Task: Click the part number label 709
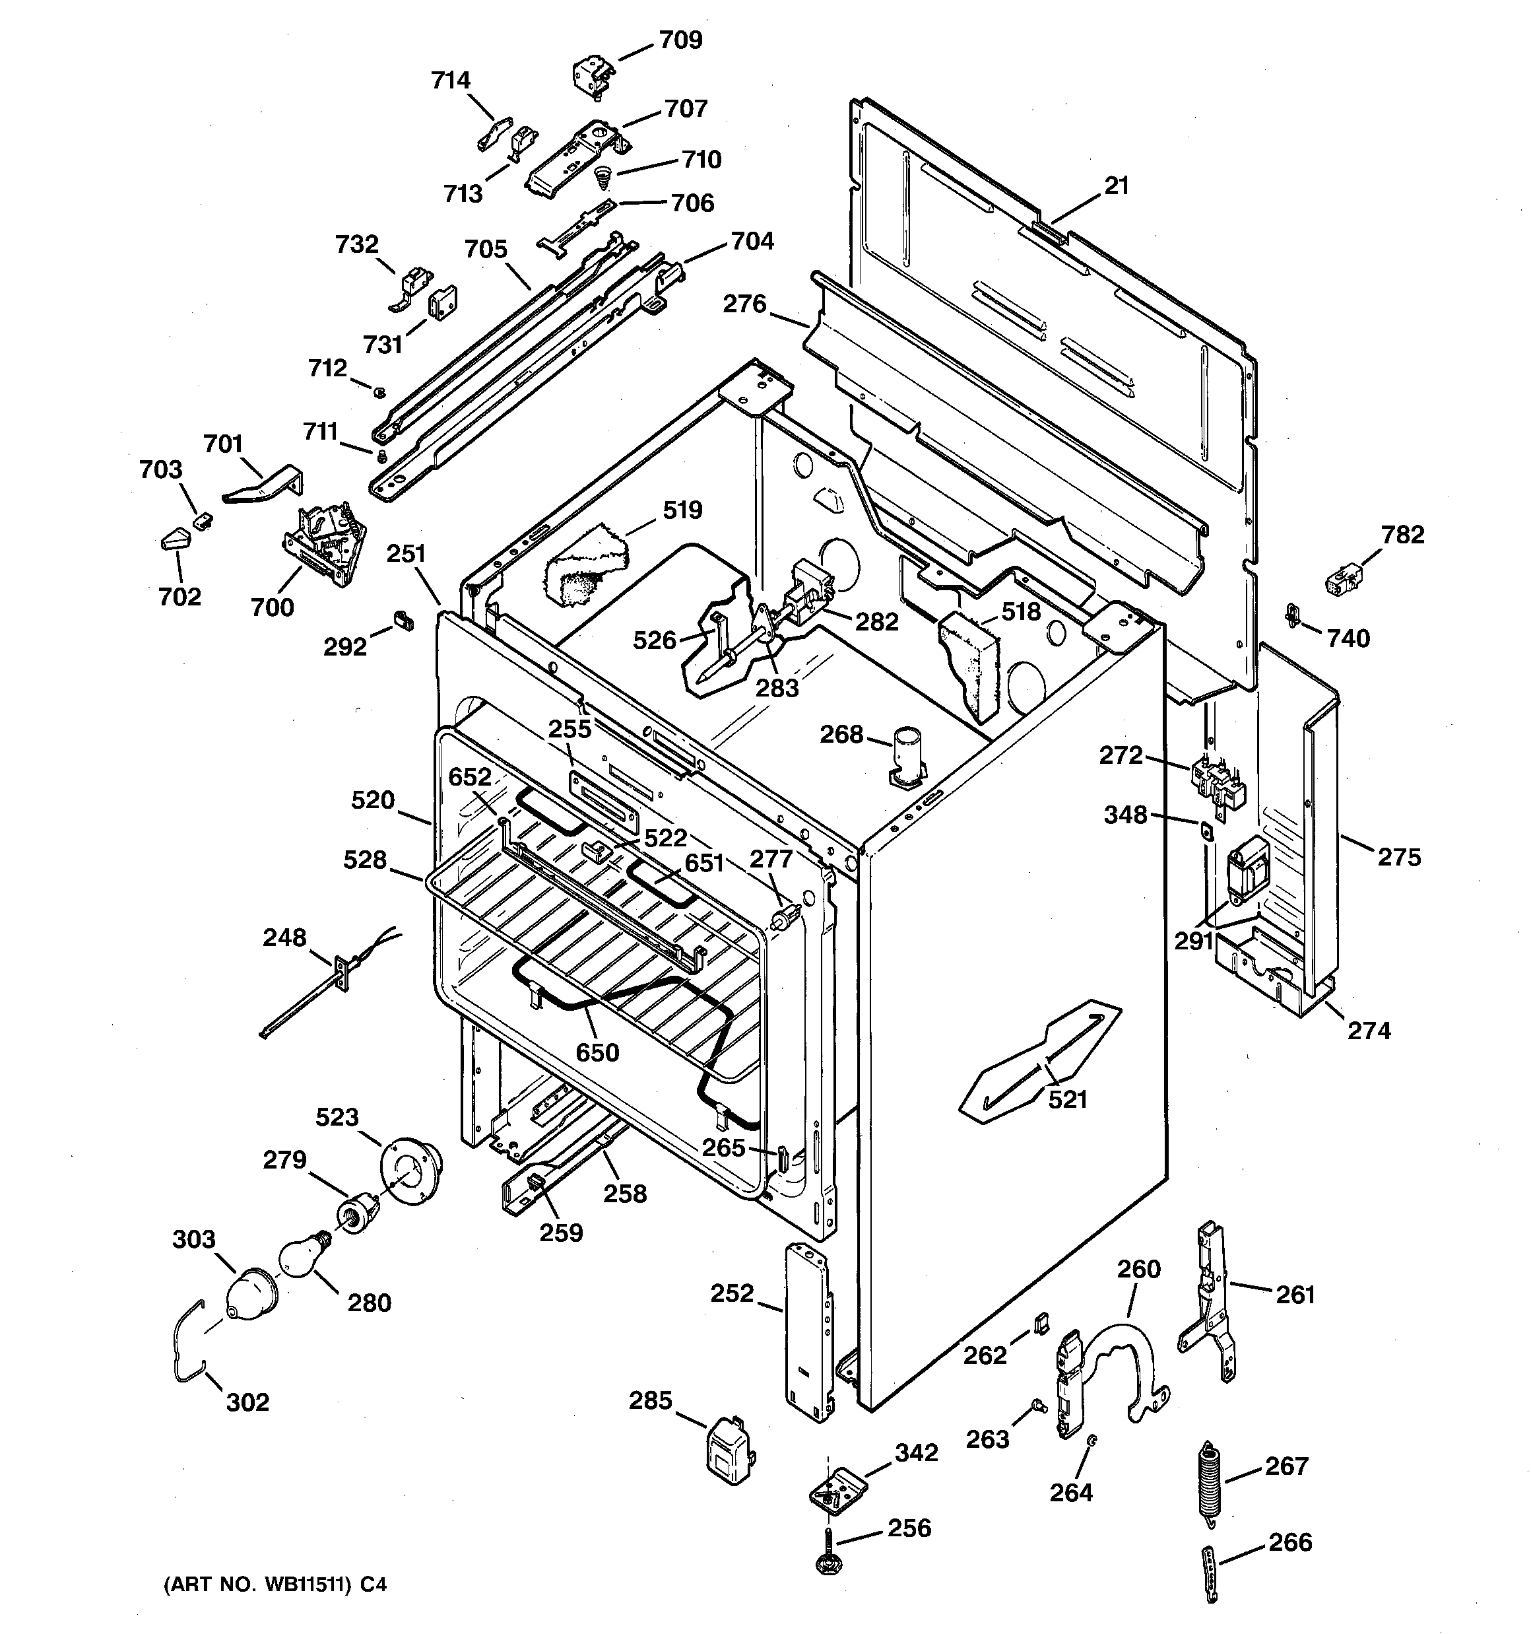[680, 40]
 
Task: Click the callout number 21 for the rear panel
[1116, 187]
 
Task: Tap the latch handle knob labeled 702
[174, 541]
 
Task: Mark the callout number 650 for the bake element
[597, 1053]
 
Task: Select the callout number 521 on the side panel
[1068, 1099]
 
